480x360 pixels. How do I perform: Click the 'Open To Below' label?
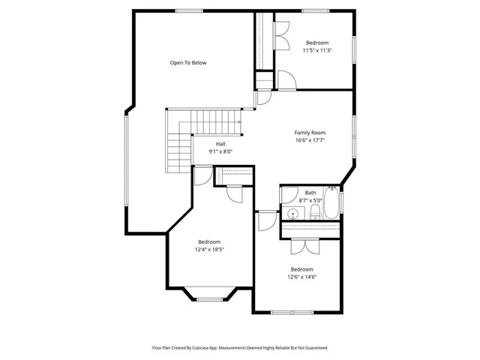pos(187,63)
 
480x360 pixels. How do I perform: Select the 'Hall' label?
pos(220,144)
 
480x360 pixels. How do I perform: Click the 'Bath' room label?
pos(310,193)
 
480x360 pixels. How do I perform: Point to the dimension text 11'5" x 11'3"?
pos(317,51)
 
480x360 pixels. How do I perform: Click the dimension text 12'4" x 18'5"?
pos(209,249)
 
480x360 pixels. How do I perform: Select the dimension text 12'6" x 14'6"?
pos(301,277)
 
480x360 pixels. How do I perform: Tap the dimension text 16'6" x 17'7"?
pos(309,140)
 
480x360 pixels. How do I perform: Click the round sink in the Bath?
pos(294,215)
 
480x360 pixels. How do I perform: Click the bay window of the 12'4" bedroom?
pos(209,299)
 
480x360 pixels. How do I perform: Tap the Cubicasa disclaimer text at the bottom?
pos(240,348)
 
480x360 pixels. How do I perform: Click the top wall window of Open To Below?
pos(187,10)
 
